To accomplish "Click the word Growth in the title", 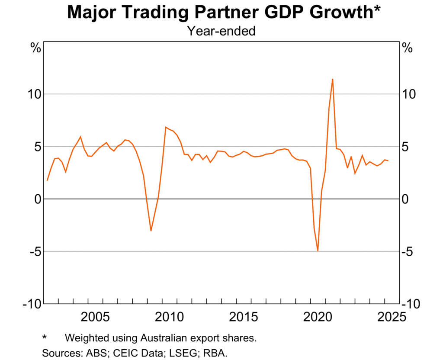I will point(343,13).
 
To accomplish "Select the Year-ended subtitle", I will point(221,31).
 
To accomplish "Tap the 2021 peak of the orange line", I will point(332,79).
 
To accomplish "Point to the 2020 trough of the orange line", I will point(318,251).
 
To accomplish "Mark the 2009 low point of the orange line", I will point(151,231).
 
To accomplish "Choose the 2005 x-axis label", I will point(94,317).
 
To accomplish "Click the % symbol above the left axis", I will point(35,48).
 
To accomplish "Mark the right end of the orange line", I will point(388,161).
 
